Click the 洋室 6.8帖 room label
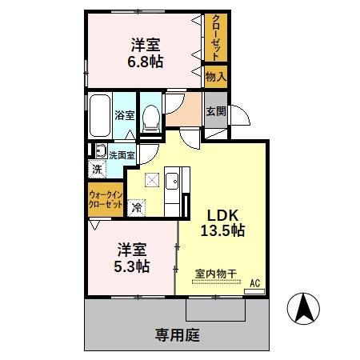pyautogui.click(x=145, y=52)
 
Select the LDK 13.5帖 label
pyautogui.click(x=226, y=222)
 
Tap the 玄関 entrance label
pyautogui.click(x=215, y=111)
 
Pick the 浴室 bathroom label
pyautogui.click(x=124, y=115)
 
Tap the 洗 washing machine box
pyautogui.click(x=97, y=169)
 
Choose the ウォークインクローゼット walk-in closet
pyautogui.click(x=106, y=199)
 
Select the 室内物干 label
pyautogui.click(x=216, y=274)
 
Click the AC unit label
pyautogui.click(x=254, y=283)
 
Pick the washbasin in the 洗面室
pyautogui.click(x=100, y=151)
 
